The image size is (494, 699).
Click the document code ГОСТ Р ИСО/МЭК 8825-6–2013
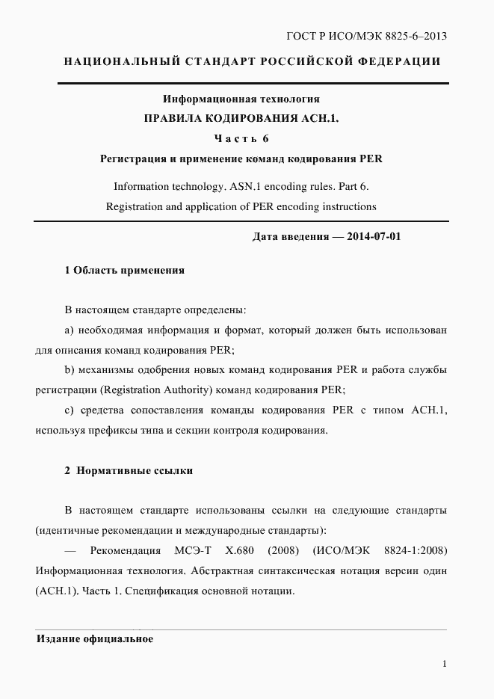(367, 36)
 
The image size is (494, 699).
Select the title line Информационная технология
(241, 98)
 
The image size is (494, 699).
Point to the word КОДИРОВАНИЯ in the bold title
(247, 118)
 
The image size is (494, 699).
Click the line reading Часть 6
(241, 138)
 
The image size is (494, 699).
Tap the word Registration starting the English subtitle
(135, 206)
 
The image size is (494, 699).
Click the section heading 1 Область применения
(125, 270)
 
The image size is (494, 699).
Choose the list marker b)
(70, 370)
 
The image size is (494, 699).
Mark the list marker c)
(69, 410)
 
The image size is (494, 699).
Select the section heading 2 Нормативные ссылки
(129, 470)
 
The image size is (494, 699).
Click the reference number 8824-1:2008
(416, 551)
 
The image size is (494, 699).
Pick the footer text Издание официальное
(95, 639)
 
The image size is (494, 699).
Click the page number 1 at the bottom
(444, 664)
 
